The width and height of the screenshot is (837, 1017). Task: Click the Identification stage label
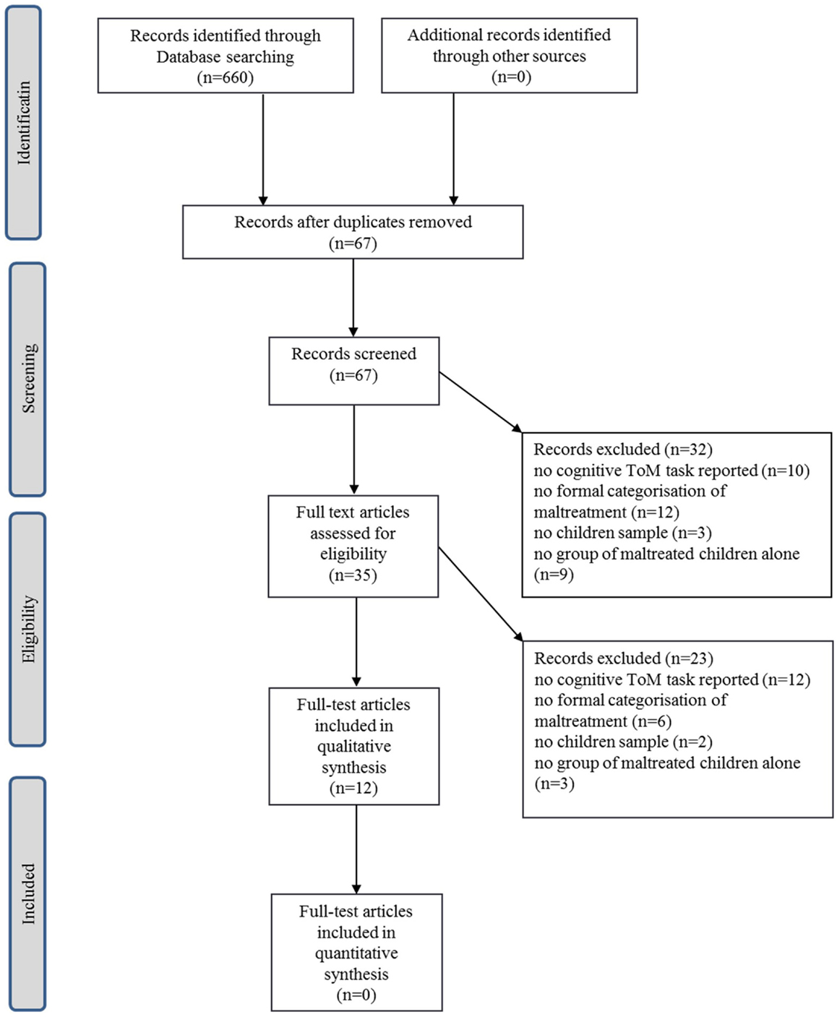point(23,122)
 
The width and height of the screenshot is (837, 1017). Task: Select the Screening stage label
point(27,379)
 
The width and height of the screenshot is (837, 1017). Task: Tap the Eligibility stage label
point(27,630)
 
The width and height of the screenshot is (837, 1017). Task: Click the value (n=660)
point(226,77)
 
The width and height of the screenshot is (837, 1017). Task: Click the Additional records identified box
point(509,56)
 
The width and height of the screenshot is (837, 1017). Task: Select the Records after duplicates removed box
point(353,232)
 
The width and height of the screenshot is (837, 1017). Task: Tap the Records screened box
point(354,371)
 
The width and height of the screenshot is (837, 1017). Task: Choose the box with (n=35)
point(353,546)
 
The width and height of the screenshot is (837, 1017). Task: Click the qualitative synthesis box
point(354,747)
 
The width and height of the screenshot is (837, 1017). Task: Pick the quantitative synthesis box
point(356,953)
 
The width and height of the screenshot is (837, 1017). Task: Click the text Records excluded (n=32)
point(623,450)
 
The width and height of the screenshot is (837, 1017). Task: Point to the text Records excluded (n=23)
point(623,658)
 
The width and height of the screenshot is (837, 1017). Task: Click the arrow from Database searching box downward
point(263,150)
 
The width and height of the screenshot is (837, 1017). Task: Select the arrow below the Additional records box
point(453,150)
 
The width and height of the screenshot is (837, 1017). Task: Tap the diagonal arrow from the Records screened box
point(481,402)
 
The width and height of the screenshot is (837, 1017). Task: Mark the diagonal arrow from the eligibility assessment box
point(481,594)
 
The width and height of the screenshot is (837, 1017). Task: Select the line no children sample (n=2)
point(623,742)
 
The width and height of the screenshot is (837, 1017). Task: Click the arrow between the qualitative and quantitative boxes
point(356,850)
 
